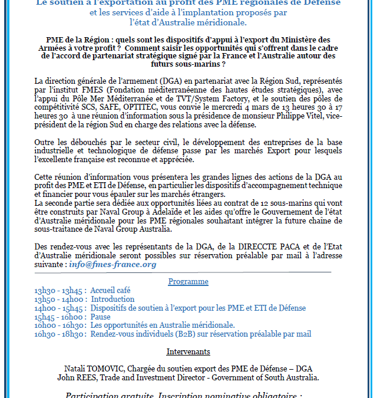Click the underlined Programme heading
pyautogui.click(x=188, y=281)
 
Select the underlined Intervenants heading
pyautogui.click(x=188, y=352)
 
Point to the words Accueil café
pyautogui.click(x=111, y=291)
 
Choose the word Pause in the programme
pyautogui.click(x=101, y=317)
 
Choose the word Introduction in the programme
pyautogui.click(x=113, y=300)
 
